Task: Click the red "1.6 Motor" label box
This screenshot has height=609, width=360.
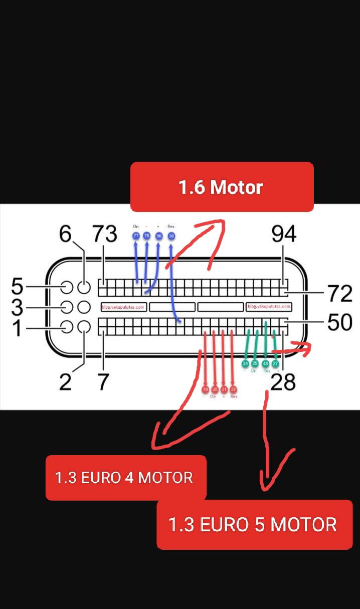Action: [222, 187]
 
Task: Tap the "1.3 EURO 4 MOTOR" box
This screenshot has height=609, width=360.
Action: [125, 477]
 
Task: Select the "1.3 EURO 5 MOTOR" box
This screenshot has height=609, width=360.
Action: [254, 524]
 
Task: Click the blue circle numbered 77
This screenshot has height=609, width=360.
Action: [136, 236]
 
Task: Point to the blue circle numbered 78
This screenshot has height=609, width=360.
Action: [147, 236]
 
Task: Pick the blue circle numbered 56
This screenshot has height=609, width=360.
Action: [159, 236]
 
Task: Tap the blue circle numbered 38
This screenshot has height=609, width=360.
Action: [171, 236]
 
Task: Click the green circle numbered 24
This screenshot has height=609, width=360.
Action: [245, 363]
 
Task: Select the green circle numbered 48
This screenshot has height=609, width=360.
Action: [265, 363]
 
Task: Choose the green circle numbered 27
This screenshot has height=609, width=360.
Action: [275, 363]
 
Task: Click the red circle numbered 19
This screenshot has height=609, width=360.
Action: [205, 389]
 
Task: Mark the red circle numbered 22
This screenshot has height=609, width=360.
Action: [233, 389]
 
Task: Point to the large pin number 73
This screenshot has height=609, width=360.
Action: [104, 234]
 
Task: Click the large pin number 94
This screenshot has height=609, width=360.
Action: [284, 234]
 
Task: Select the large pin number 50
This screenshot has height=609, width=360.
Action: [340, 322]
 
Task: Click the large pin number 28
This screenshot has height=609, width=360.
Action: [283, 382]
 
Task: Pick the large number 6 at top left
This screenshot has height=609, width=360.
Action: [66, 234]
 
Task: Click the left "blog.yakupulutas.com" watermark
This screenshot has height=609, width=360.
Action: [123, 307]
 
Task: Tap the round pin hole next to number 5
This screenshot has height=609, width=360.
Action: [67, 287]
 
